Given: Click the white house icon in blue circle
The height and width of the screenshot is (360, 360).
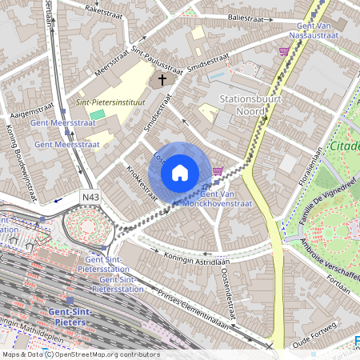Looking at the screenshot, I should click(180, 172).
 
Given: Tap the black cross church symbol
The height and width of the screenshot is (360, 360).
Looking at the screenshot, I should click(162, 80).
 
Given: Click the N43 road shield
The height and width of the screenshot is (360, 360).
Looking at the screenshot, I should click(90, 196).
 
